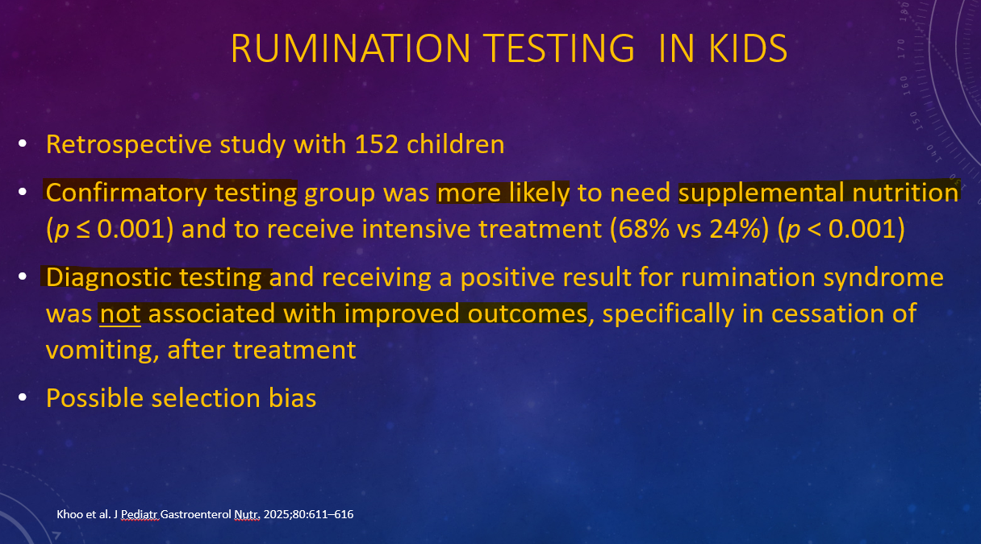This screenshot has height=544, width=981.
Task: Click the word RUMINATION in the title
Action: pos(351,48)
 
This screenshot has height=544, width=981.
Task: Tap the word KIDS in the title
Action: pos(748,48)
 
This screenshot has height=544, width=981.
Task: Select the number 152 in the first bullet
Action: pos(377,144)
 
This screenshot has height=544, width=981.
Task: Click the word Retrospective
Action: pos(129,145)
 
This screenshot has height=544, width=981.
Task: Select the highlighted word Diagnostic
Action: pos(109,278)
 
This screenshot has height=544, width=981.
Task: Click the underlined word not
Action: pos(120,314)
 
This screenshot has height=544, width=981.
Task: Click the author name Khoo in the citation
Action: pos(69,514)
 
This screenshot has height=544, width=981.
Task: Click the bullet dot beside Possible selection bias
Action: pos(23,397)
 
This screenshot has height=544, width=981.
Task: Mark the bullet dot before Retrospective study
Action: pos(23,143)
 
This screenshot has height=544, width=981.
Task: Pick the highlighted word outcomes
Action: pos(528,314)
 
